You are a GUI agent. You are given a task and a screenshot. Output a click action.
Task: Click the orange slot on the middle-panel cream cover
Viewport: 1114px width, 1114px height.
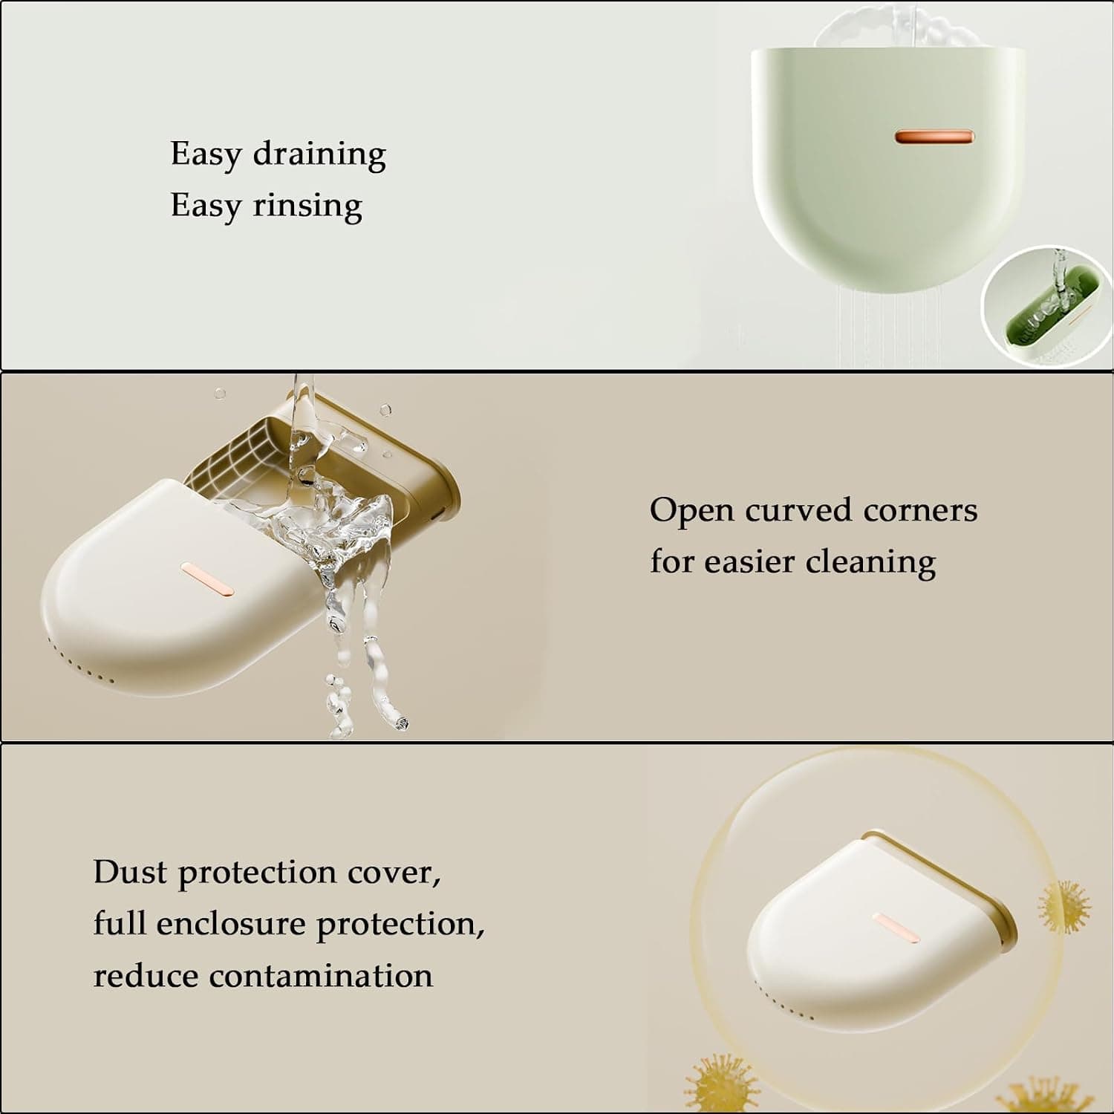point(208,579)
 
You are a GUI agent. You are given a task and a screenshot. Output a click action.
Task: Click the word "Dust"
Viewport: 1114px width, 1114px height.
point(130,872)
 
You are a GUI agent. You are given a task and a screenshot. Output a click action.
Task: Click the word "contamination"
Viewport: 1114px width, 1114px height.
point(321,976)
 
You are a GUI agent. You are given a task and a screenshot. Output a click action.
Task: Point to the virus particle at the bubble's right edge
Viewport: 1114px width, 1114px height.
point(1064,907)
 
